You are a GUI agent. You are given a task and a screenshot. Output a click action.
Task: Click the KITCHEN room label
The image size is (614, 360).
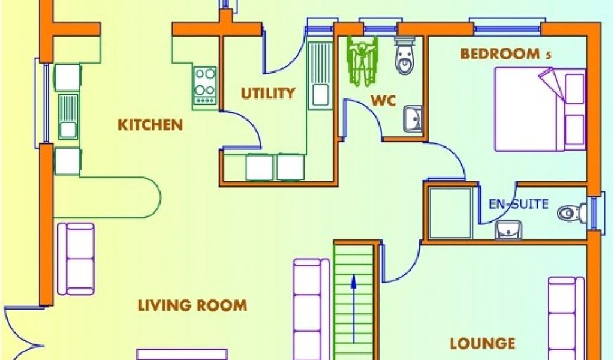click(149, 125)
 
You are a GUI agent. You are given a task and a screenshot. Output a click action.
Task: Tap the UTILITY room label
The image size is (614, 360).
click(268, 93)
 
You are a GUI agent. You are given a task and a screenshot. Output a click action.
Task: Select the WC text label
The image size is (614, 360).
click(383, 100)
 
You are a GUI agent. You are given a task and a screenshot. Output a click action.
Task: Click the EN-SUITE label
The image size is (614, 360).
click(519, 204)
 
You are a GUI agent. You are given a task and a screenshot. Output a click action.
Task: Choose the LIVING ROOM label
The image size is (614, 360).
click(192, 305)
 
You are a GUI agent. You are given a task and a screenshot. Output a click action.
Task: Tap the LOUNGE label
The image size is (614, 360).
click(482, 343)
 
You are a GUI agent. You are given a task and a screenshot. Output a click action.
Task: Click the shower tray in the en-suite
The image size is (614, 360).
click(450, 213)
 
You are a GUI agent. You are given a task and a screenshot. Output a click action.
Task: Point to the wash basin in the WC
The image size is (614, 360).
click(413, 118)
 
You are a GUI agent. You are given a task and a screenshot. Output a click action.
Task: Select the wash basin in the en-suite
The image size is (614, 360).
click(508, 229)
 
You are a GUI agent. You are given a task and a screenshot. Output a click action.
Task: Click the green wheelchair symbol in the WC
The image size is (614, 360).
click(363, 61)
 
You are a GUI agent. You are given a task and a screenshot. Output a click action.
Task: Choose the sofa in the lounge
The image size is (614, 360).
click(566, 318)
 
